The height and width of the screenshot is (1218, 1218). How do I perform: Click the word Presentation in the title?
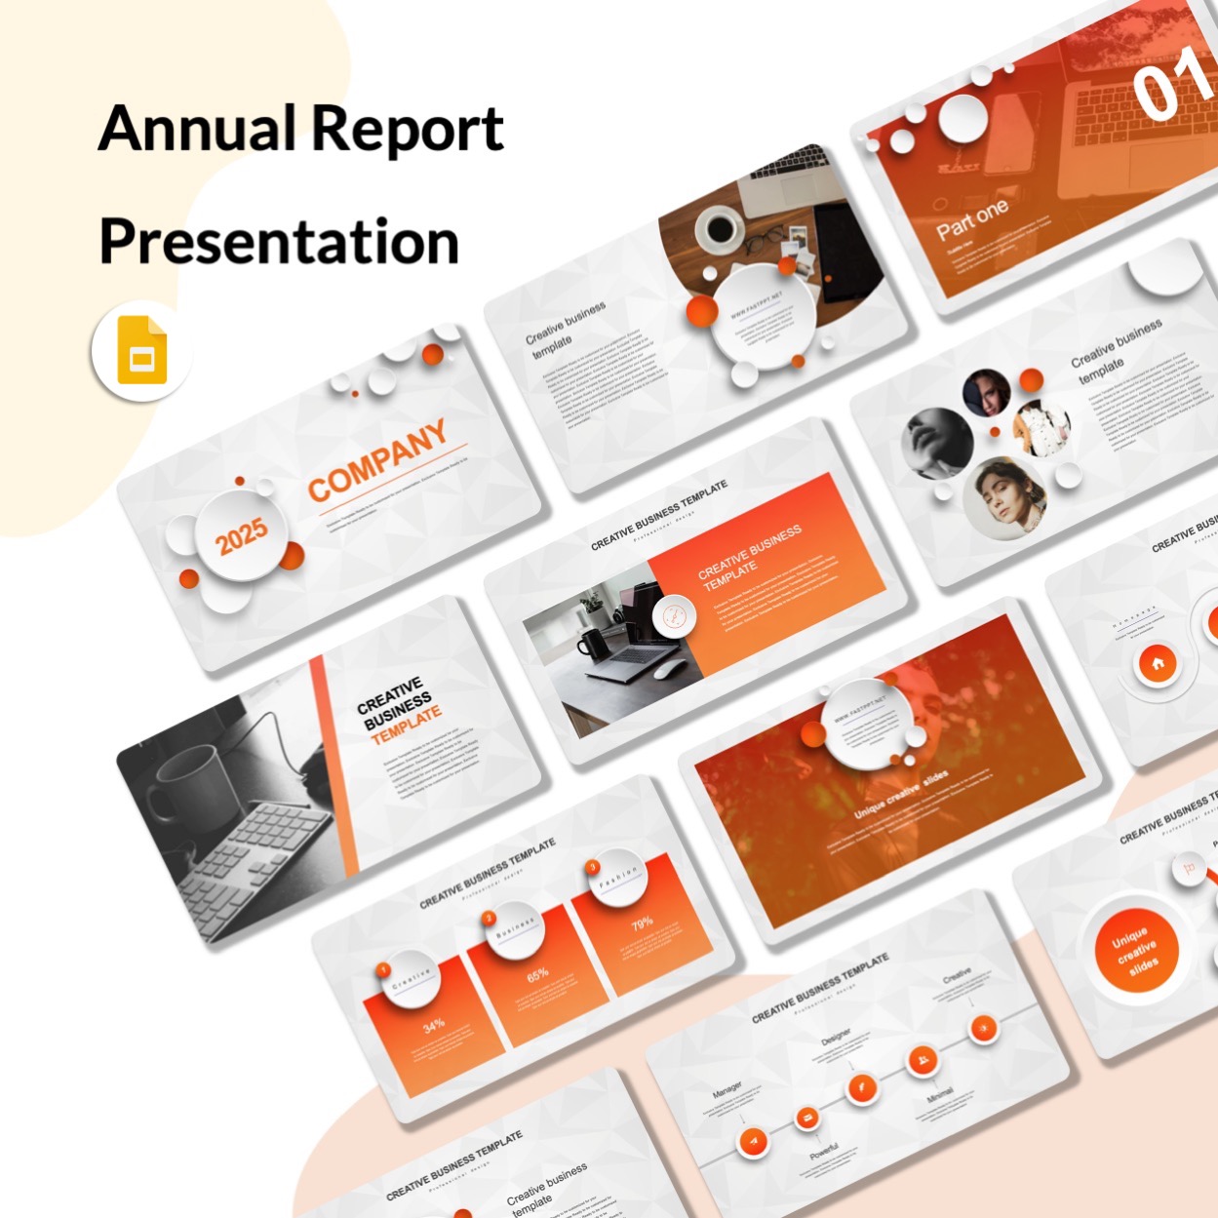[x=279, y=242]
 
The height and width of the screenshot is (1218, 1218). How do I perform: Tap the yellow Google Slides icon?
[x=142, y=351]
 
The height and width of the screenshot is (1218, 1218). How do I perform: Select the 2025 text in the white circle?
[x=241, y=534]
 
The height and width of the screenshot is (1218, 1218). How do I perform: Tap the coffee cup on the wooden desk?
[x=720, y=228]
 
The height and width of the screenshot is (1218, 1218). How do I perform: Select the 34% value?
[x=434, y=1025]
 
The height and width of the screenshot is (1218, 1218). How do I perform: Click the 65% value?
[x=537, y=974]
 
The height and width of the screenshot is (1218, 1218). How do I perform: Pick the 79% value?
[x=642, y=923]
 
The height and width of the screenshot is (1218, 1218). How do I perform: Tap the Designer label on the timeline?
[x=835, y=1036]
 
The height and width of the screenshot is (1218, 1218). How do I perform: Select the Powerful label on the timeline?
[x=824, y=1152]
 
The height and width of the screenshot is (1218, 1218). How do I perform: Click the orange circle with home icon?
[x=1158, y=664]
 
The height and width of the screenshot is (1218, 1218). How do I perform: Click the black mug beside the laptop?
[x=592, y=645]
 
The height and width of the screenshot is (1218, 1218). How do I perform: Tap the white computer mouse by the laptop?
[x=667, y=669]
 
